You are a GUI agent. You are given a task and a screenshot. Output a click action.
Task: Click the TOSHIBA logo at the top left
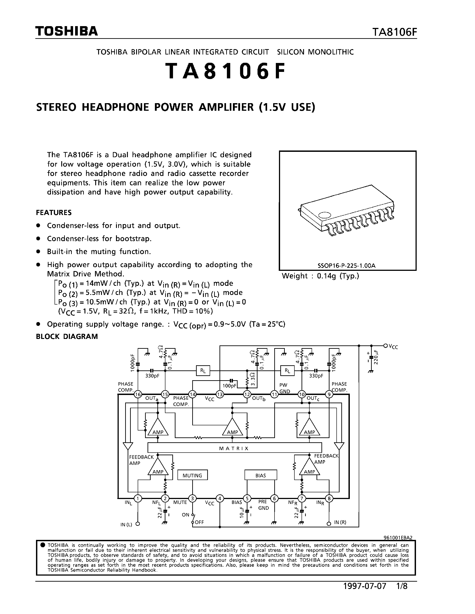tap(66, 31)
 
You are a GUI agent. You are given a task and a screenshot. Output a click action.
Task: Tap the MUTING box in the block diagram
tap(192, 475)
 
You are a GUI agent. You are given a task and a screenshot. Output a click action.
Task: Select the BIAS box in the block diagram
tap(261, 475)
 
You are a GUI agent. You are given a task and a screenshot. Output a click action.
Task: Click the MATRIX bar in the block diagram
tap(234, 448)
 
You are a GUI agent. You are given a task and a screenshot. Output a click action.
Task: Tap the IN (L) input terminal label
tap(126, 524)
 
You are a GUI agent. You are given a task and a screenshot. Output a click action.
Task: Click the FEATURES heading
tap(54, 213)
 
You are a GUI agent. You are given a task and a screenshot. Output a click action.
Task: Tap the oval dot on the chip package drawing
tap(325, 215)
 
